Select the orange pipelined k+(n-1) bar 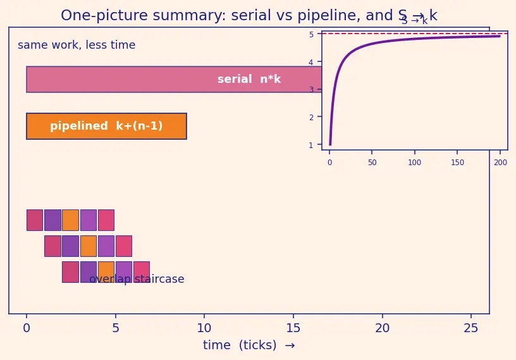point(107,126)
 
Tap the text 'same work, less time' point(77,45)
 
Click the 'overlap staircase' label point(137,279)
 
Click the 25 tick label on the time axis point(471,328)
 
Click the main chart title point(249,15)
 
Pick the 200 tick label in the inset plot point(501,163)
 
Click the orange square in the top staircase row point(70,220)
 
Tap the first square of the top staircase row point(35,220)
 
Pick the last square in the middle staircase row point(124,246)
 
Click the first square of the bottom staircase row point(70,272)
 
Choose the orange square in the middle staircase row point(89,246)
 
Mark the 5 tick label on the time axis point(116,328)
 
